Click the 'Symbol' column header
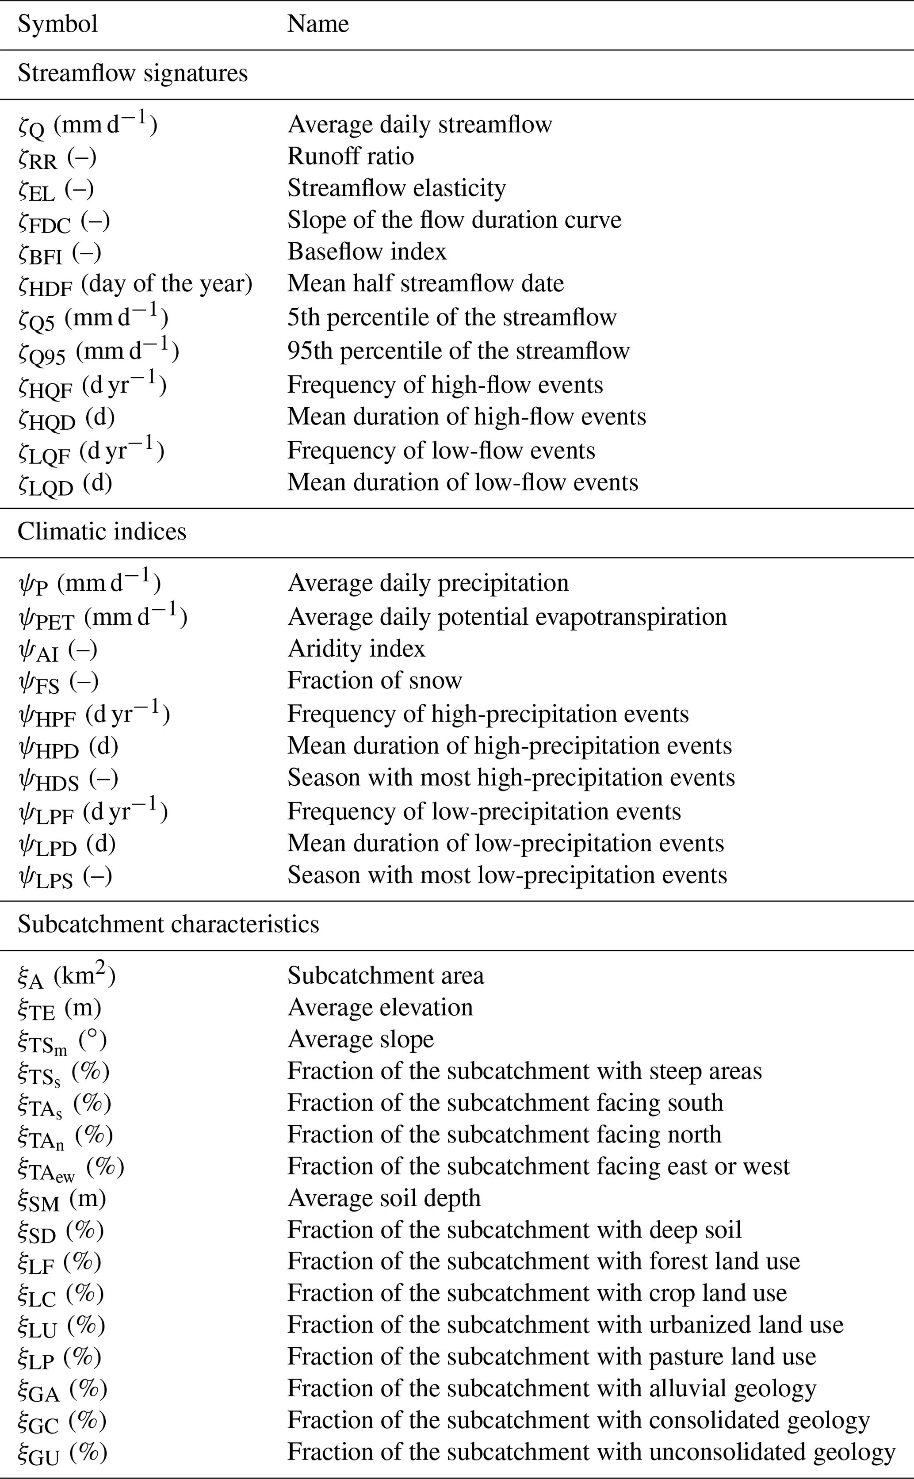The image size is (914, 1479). point(57,24)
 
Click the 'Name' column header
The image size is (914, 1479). point(318,24)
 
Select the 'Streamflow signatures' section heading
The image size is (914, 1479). point(132,73)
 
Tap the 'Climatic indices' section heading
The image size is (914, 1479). point(102,531)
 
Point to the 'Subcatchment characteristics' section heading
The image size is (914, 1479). point(168,924)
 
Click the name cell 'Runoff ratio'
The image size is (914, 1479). point(351,156)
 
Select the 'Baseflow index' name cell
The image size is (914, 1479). point(367,252)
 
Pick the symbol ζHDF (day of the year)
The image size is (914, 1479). point(135,284)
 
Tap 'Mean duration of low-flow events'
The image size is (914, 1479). point(463,482)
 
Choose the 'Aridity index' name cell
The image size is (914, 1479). point(356,649)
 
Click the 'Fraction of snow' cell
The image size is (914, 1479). point(374,680)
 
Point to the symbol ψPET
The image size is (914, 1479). point(102,618)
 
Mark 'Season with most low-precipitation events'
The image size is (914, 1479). point(507,875)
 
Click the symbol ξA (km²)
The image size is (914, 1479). point(66,976)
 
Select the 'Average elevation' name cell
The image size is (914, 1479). point(380,1008)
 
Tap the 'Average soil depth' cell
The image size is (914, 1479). point(384,1198)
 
